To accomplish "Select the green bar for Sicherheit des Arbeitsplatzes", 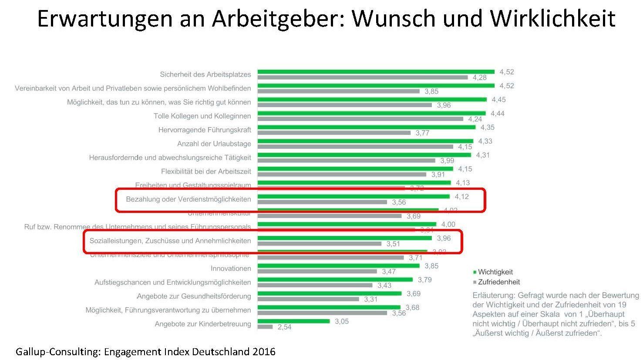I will click(x=376, y=72).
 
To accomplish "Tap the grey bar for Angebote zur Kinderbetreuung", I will click(x=265, y=327).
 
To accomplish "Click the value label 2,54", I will click(x=284, y=327).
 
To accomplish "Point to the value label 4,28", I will click(x=480, y=77).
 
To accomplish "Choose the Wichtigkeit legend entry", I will click(x=495, y=272).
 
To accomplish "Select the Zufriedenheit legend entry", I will click(x=498, y=282).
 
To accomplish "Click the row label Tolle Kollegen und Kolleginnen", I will click(x=202, y=116).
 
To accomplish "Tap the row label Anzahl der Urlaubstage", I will click(x=214, y=144).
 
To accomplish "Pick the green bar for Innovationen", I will click(x=338, y=266).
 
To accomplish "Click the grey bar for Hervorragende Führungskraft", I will click(x=333, y=133).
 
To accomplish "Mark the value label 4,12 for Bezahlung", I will click(x=461, y=197).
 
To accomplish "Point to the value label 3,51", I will click(x=393, y=244).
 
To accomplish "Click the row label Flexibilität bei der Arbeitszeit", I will click(x=206, y=172).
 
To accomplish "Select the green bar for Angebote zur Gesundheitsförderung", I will click(x=329, y=293).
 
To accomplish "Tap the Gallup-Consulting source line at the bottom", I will click(x=145, y=351).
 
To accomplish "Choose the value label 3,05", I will click(x=342, y=321).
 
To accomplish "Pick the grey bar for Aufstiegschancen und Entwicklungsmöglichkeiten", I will click(x=315, y=286).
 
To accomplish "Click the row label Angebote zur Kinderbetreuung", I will click(x=203, y=324).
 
